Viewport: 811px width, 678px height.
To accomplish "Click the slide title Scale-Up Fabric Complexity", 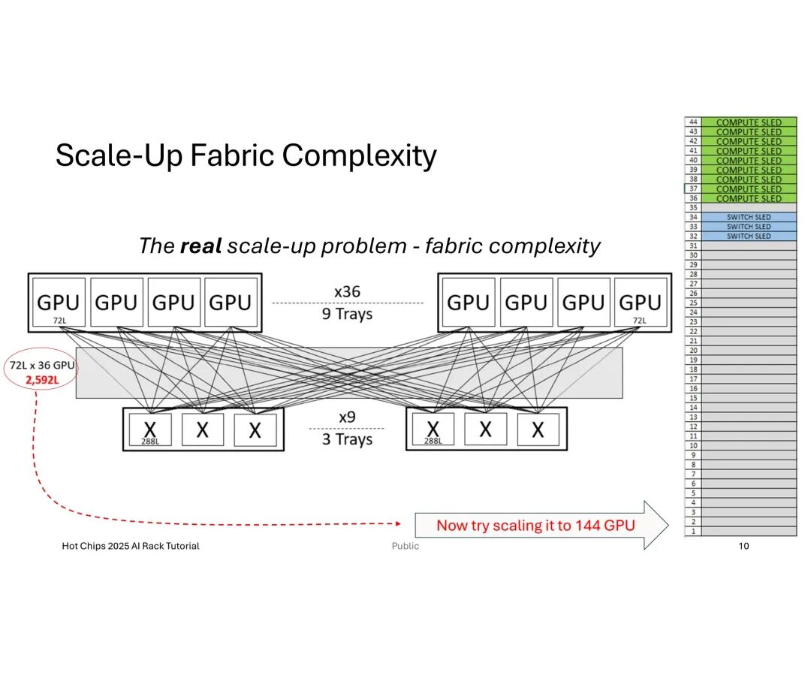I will pos(246,155).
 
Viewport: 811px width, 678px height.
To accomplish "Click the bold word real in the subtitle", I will pos(200,246).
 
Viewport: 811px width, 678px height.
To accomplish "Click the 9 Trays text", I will pos(347,314).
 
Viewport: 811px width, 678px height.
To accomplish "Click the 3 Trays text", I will pos(347,438).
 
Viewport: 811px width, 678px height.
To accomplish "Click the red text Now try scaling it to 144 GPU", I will pos(535,525).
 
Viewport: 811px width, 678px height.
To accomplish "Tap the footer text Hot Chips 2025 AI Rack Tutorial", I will pos(131,546).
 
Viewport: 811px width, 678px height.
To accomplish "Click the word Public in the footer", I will pos(405,546).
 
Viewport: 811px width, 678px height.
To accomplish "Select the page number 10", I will pos(743,546).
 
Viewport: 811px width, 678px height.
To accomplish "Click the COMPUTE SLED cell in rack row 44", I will pos(749,122).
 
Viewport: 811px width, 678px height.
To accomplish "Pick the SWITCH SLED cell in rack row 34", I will pos(749,217).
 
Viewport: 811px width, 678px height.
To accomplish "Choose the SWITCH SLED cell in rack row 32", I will pos(749,236).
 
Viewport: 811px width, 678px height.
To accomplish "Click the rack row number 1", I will pos(693,531).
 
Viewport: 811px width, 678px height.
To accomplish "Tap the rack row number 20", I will pos(693,351).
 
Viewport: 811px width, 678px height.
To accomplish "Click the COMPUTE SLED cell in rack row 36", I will pos(749,198).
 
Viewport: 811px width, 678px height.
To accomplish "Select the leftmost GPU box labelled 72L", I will pos(58,303).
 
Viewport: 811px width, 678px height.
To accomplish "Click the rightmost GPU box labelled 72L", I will pos(640,303).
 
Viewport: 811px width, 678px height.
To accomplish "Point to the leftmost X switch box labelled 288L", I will pos(150,430).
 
